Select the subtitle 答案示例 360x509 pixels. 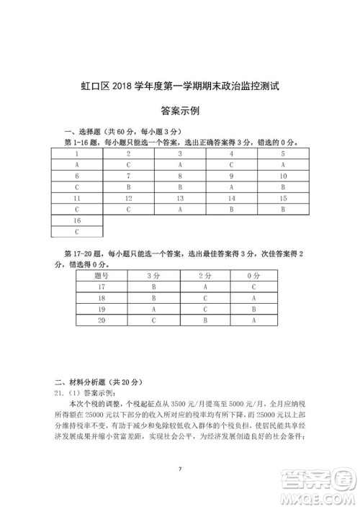coord(180,112)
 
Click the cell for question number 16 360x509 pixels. coord(76,220)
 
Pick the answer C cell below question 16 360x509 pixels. coord(76,232)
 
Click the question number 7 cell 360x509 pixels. coord(128,176)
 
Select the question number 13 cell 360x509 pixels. coord(180,198)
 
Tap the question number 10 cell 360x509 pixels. coord(283,176)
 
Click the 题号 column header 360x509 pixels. coord(102,275)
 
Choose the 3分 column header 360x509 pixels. coord(153,275)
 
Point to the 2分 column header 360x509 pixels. coord(205,275)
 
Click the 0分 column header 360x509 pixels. coord(254,275)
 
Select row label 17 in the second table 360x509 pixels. coord(102,286)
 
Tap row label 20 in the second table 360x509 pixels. coord(102,320)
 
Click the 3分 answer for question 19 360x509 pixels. coord(153,308)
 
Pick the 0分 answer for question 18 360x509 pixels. coord(254,297)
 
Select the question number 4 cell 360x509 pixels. coord(231,153)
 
